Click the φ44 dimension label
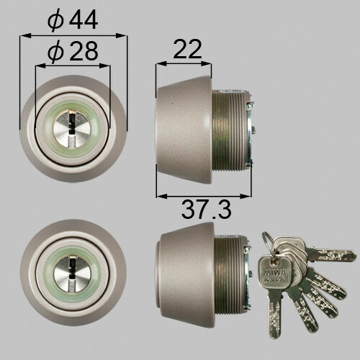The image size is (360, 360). [x=73, y=21]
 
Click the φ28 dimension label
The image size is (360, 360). [x=73, y=51]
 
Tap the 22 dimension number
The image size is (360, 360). [x=187, y=49]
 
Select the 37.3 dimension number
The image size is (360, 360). [x=206, y=210]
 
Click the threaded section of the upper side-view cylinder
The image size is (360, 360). [x=229, y=130]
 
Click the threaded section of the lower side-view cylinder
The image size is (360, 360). [x=230, y=272]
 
